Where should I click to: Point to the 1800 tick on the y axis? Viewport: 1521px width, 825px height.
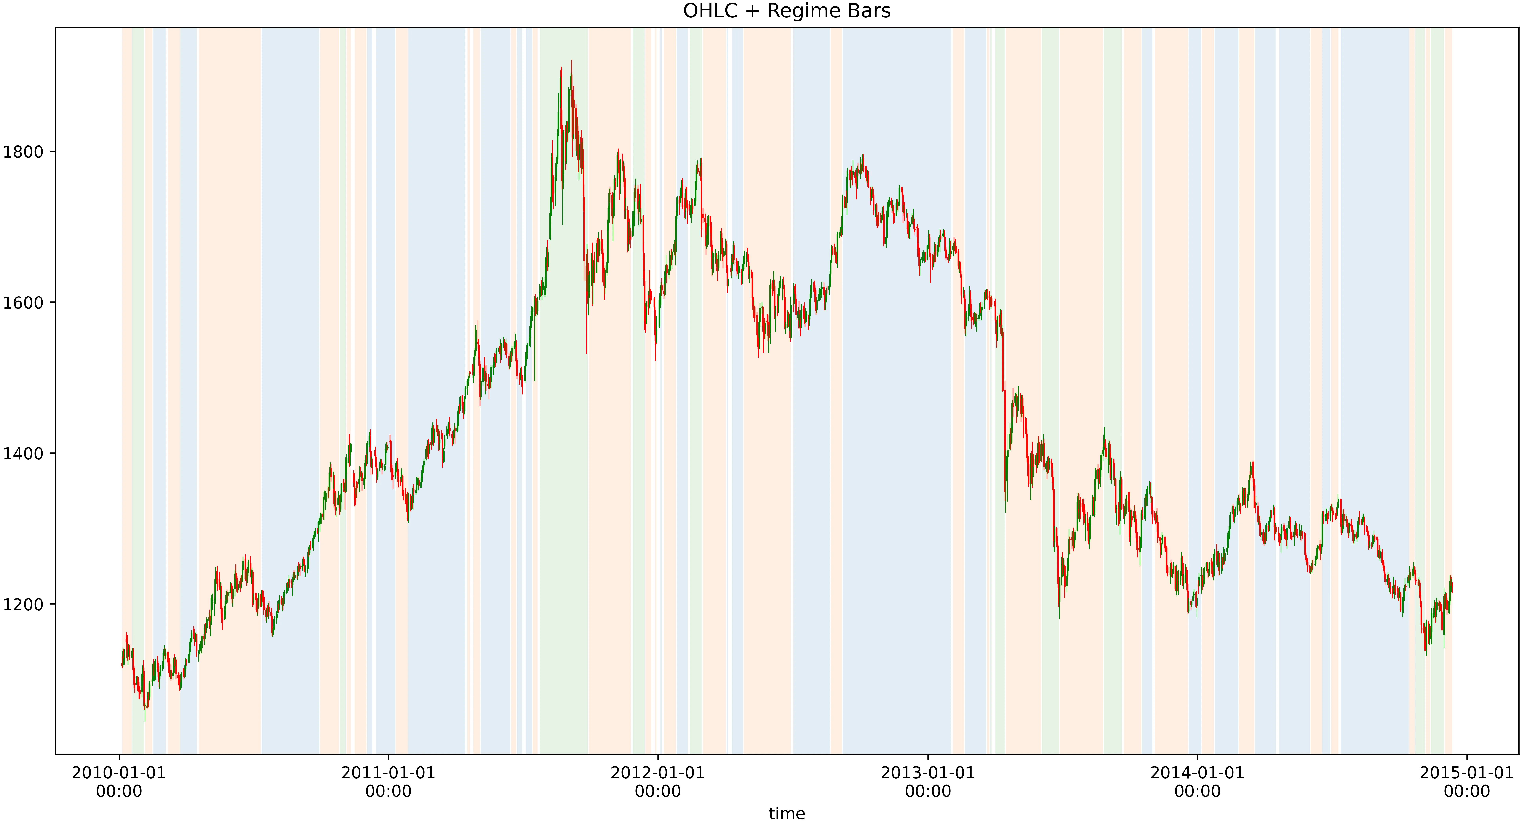tap(24, 152)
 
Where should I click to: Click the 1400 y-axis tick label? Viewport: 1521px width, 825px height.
tap(24, 454)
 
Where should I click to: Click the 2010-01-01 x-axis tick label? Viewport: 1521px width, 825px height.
tap(119, 781)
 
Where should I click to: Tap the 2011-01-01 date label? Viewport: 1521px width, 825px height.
tap(389, 781)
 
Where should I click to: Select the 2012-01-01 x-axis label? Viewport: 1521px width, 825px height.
tap(658, 781)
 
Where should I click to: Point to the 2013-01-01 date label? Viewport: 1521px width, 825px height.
tap(928, 781)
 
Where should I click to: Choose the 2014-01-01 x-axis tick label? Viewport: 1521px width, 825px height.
tap(1197, 781)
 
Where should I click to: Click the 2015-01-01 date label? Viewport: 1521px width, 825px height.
tap(1467, 781)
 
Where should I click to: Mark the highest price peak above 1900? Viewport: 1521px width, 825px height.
tap(571, 61)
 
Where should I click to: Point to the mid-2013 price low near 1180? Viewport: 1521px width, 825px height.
tap(1059, 618)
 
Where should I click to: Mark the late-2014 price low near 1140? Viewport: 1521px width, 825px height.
tap(1426, 654)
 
